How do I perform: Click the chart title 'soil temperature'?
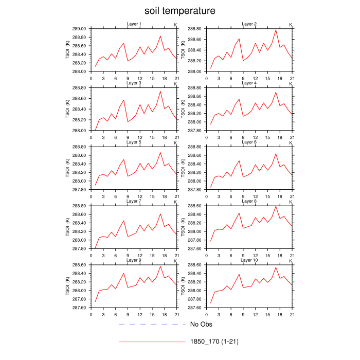coord(179,11)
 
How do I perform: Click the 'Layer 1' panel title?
coord(134,24)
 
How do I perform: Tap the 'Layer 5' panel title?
coord(134,142)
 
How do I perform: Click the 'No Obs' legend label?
coord(201,325)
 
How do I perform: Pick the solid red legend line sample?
coord(152,341)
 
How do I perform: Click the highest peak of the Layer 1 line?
coord(160,36)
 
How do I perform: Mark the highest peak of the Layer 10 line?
coord(276,267)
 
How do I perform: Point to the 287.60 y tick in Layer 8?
coord(195,249)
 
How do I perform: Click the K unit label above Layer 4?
coord(291,84)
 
